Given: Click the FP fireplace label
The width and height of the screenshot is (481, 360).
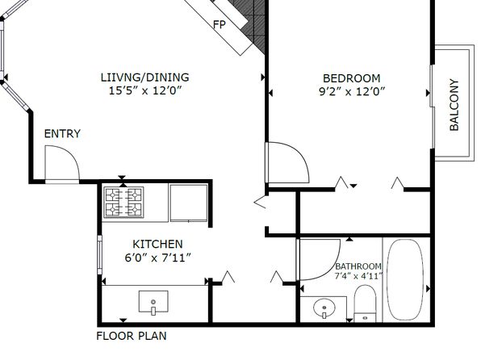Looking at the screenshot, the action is pos(220,24).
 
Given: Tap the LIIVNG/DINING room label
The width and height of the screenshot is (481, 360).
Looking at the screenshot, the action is pos(144,77).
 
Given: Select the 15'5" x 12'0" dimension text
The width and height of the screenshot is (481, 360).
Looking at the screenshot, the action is pos(145,90).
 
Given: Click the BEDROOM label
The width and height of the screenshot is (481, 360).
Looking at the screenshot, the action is pos(352,78).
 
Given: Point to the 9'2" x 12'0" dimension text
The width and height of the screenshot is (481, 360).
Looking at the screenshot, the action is pos(352,91).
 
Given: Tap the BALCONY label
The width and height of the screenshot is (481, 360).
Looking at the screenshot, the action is pos(454,105).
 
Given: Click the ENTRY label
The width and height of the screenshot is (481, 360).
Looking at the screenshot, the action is pos(62,133).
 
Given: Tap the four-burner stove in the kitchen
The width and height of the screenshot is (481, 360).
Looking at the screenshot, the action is pos(123,203).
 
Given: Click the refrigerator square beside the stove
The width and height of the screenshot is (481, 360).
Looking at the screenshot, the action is pos(189,203).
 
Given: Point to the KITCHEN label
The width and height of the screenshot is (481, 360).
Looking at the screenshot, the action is pos(157,244).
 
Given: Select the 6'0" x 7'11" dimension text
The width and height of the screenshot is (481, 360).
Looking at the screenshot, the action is pos(158,257).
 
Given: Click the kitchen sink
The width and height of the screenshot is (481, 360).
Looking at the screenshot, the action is pos(153,303).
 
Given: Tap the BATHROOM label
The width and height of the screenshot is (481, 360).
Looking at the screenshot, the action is pos(358,266).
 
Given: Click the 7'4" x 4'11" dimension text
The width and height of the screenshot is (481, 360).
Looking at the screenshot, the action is pos(358,276).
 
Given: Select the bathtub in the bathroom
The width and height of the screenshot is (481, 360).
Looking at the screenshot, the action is pos(405,279).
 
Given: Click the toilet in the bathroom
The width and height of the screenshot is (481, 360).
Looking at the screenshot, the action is pos(365,303).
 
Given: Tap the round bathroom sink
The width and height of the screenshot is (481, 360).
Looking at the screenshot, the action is pos(324,308).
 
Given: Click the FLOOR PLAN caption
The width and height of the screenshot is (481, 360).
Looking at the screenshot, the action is pos(132,336).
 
